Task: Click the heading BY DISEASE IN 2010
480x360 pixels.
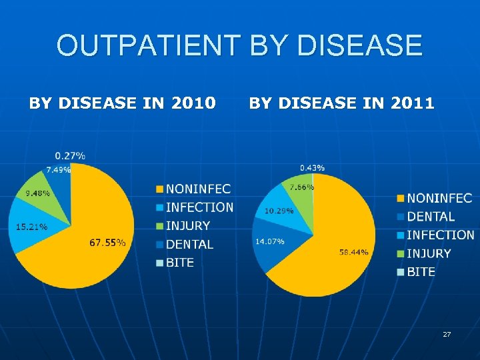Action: (x=121, y=103)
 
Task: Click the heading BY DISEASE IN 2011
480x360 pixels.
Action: (x=341, y=103)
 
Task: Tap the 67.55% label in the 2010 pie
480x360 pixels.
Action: (x=107, y=243)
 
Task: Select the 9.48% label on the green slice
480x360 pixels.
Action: (x=37, y=193)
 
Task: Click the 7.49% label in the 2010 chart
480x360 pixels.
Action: (x=58, y=169)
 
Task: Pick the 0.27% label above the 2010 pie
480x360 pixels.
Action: (x=70, y=156)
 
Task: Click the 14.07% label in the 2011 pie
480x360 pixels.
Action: (x=269, y=241)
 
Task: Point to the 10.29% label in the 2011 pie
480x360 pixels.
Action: (x=278, y=211)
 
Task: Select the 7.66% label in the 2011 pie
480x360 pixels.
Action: (x=302, y=187)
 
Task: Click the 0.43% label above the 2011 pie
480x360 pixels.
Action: (x=312, y=167)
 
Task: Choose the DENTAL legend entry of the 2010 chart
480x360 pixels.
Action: (x=189, y=245)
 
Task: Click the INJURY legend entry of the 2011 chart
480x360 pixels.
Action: (x=429, y=253)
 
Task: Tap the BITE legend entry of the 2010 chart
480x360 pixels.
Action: (x=180, y=263)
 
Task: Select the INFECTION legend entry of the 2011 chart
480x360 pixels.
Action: (x=440, y=235)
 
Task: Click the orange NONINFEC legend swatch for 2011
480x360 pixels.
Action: (x=401, y=199)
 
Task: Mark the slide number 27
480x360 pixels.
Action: (x=447, y=333)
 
